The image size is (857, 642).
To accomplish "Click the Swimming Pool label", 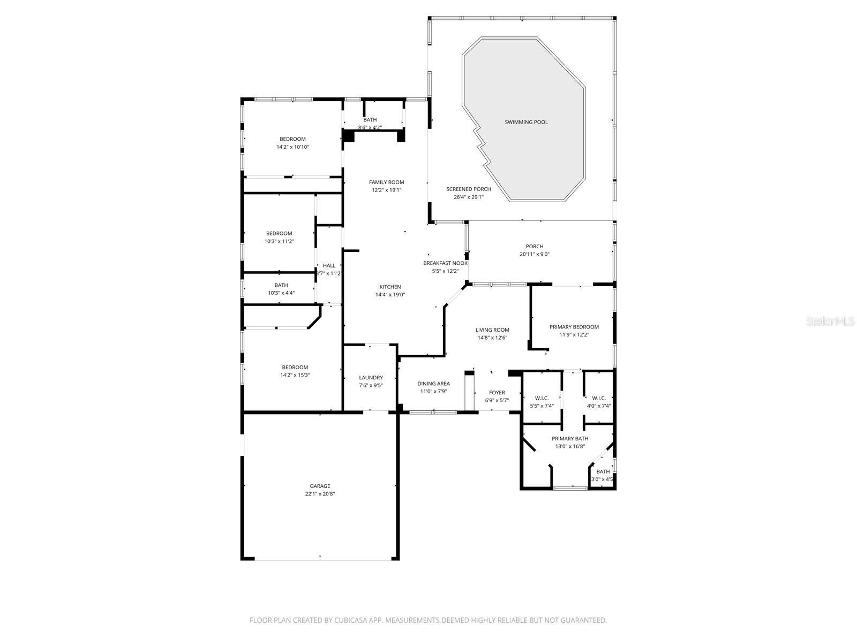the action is point(526,122).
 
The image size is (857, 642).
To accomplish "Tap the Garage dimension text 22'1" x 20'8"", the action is point(320,494).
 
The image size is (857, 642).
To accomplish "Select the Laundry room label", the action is point(371,377).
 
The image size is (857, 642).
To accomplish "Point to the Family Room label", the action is point(386,182).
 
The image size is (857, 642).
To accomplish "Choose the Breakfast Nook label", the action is point(445,263).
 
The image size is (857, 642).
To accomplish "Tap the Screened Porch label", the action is point(468,189).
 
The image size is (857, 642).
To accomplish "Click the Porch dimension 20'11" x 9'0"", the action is point(534,254).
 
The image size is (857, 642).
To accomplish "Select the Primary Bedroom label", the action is point(574,327).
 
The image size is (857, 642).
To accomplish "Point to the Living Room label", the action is point(492,330).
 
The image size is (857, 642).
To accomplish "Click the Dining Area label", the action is point(433,384).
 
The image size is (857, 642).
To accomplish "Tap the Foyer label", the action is point(497,393).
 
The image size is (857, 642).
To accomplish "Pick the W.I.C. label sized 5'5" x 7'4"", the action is point(542,398).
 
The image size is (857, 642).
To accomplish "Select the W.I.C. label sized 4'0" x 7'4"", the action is point(598,398).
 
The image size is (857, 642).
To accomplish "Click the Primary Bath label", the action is point(570,439).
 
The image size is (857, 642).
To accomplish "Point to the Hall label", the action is point(329,265).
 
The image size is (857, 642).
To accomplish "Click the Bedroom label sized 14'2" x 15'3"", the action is point(295,367).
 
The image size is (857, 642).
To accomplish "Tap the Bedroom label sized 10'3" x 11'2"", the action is point(279,233).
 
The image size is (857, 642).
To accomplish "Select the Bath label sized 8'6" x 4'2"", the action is point(370,120).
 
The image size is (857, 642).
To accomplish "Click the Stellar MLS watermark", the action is point(830,321).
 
